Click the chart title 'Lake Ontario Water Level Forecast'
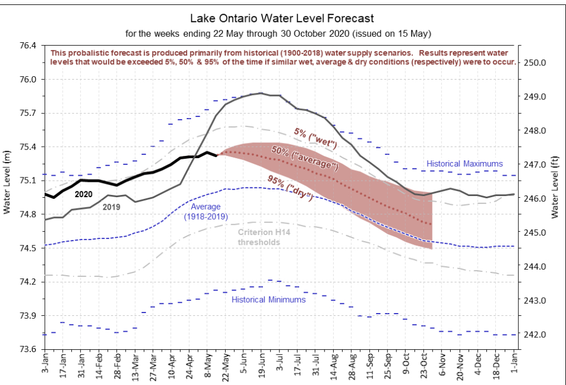[282, 18]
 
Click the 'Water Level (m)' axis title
[7, 182]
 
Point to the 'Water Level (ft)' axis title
[555, 187]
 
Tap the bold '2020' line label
[83, 194]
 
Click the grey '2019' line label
[111, 207]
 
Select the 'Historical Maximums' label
[464, 164]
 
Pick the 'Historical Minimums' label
[268, 299]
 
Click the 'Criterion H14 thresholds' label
[264, 237]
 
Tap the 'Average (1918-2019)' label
[206, 211]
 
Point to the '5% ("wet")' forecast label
[315, 138]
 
